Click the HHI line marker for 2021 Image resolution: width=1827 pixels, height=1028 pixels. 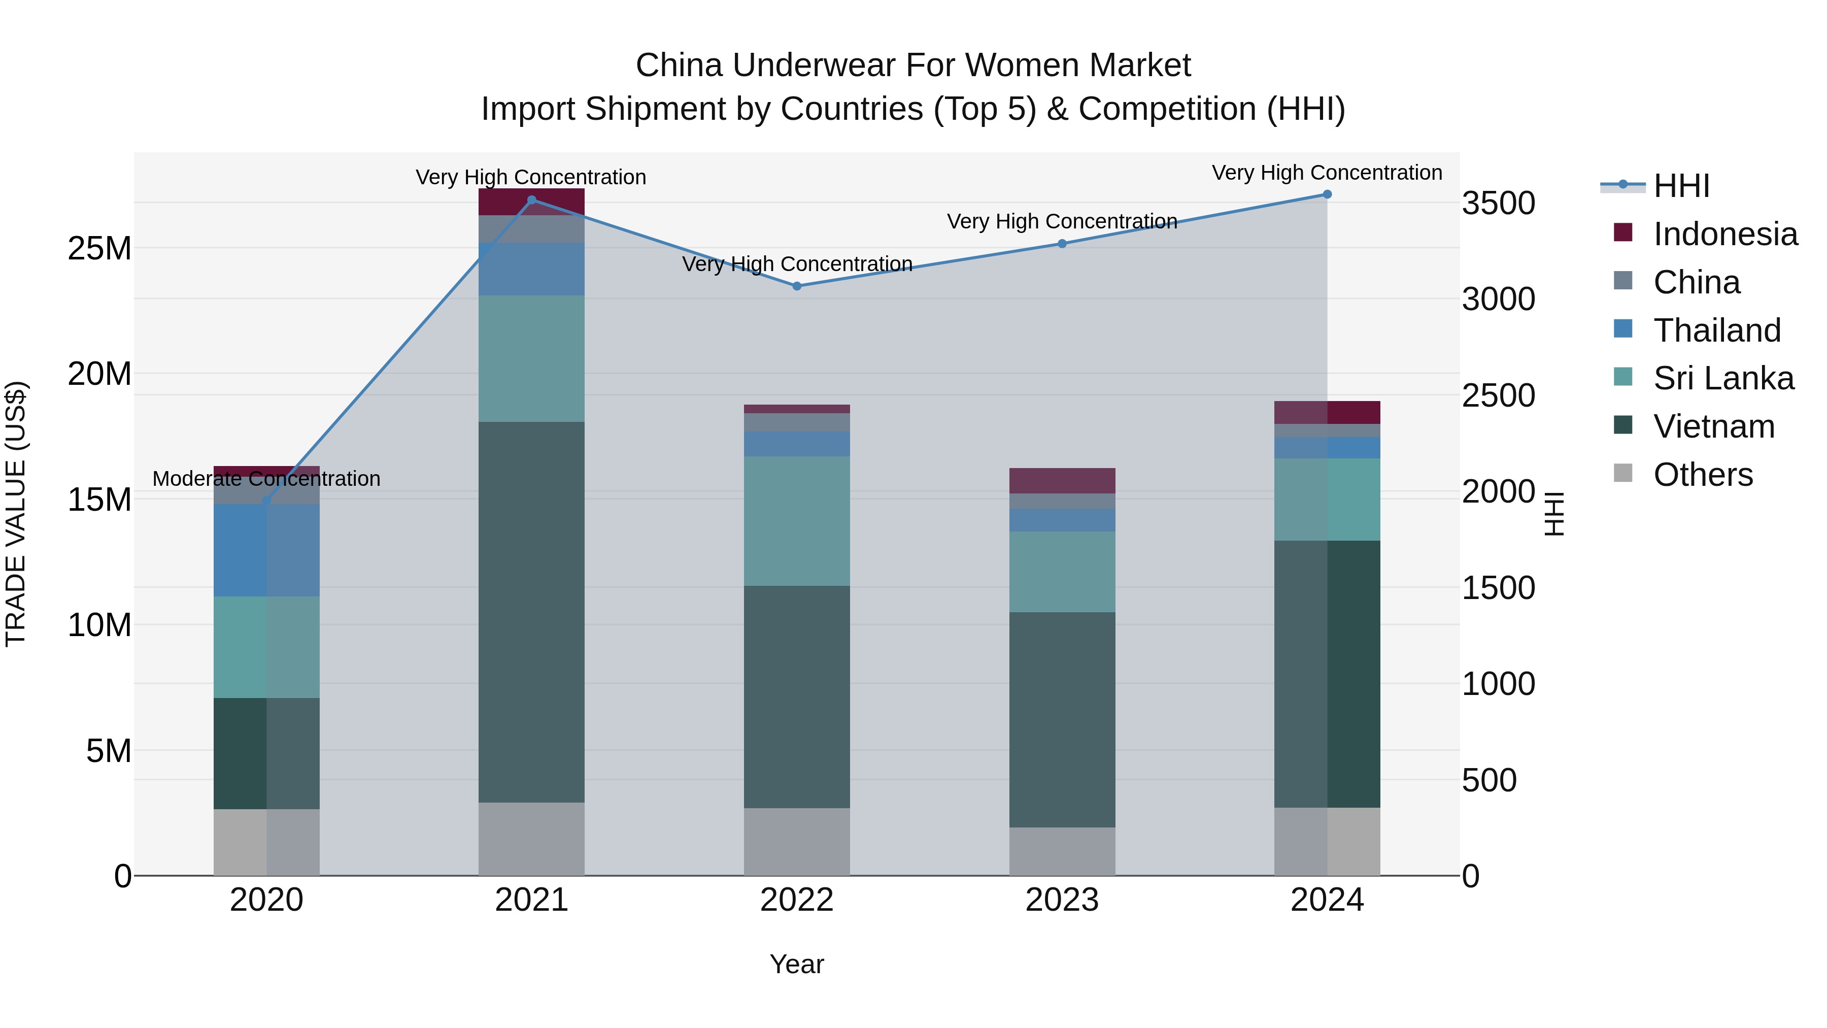[x=532, y=200]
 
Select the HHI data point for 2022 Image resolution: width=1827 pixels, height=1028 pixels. [x=796, y=286]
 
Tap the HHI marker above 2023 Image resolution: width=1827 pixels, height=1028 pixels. [x=1062, y=243]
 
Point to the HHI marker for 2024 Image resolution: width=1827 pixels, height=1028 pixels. [x=1327, y=194]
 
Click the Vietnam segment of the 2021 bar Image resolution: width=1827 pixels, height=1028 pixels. [x=531, y=612]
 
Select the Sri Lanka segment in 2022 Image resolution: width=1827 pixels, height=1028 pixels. [x=796, y=521]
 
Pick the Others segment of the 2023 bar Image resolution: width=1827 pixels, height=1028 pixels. [x=1062, y=851]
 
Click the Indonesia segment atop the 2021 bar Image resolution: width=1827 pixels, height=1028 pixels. [x=531, y=202]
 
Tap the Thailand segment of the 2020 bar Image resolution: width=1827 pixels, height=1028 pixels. [x=266, y=550]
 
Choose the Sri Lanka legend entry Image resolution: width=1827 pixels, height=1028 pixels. [x=1723, y=378]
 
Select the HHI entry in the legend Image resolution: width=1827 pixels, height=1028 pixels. [x=1681, y=186]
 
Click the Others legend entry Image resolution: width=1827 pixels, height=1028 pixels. [x=1702, y=475]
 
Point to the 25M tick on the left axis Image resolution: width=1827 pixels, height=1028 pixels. [x=99, y=248]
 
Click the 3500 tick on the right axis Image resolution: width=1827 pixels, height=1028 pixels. [x=1499, y=203]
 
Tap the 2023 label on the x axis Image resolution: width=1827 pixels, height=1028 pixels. [x=1062, y=900]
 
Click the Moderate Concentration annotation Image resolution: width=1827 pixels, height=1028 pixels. [x=266, y=479]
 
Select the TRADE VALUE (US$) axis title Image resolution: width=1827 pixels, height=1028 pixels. [x=16, y=514]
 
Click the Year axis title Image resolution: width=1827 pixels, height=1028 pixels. [x=796, y=964]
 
